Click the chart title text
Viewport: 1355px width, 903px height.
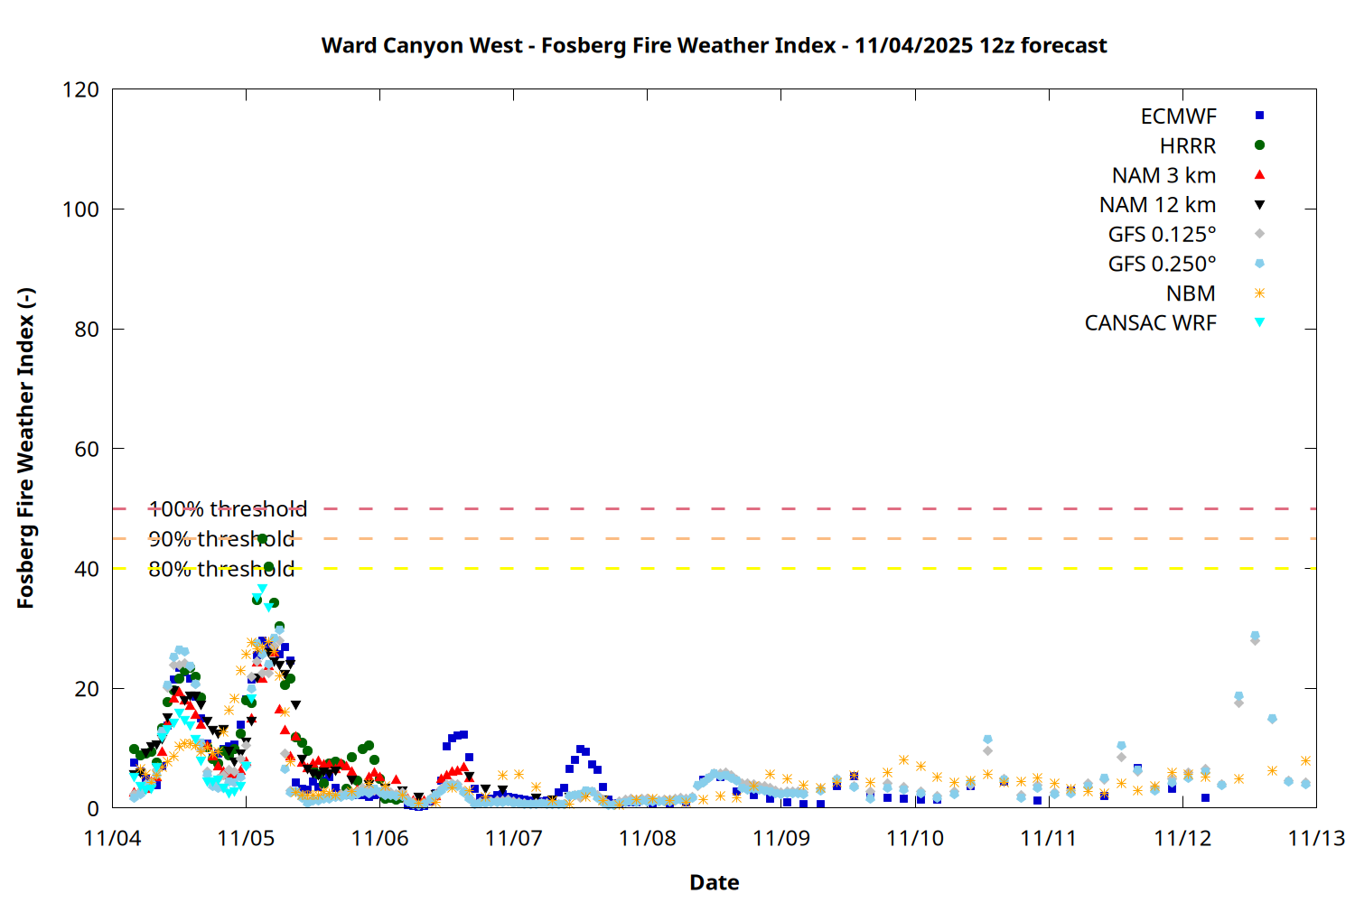point(714,45)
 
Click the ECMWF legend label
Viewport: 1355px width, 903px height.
point(1178,116)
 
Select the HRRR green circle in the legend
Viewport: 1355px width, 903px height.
point(1259,145)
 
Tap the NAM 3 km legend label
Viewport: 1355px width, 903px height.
point(1163,175)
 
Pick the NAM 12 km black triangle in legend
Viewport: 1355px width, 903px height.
point(1259,205)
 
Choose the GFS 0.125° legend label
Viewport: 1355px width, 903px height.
point(1162,235)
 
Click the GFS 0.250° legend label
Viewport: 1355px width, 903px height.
point(1162,265)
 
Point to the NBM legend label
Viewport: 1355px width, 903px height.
point(1191,293)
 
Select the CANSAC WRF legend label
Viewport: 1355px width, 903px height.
point(1150,323)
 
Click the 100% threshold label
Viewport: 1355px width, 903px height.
point(228,509)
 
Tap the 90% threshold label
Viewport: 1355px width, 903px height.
point(221,539)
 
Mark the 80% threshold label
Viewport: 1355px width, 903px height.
point(221,569)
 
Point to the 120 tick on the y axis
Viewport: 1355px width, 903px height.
point(81,89)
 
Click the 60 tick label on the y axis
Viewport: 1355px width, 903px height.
point(87,449)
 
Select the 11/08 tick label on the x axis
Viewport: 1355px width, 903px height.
point(647,838)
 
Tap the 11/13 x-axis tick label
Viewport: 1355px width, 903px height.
point(1315,838)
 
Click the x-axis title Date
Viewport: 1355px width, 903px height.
point(714,882)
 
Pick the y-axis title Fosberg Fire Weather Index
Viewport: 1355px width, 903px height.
point(25,449)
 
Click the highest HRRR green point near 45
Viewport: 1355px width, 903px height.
point(263,539)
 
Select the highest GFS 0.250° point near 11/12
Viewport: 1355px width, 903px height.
point(1255,636)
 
